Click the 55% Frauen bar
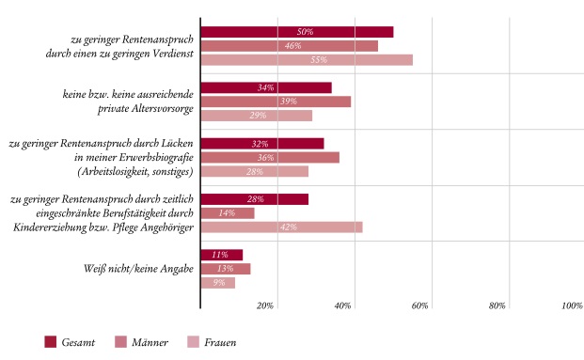307,60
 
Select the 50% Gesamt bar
297,32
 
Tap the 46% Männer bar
290,46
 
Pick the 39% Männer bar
276,102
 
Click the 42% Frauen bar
281,227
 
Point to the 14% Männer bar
228,213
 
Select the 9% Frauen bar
218,283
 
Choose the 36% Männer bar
270,157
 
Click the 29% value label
257,116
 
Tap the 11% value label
221,255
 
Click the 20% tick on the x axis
266,307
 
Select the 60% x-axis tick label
419,307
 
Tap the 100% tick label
571,307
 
